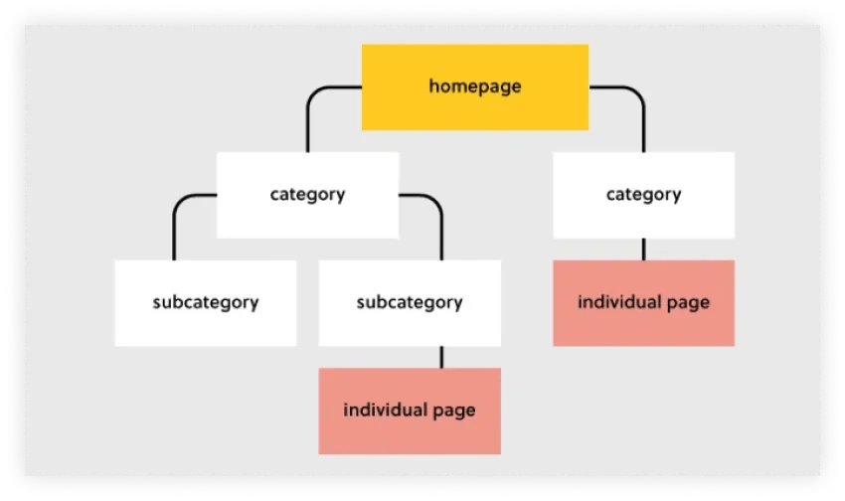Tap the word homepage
[474, 86]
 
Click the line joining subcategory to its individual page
[441, 356]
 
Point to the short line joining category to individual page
[643, 249]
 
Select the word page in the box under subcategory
[454, 411]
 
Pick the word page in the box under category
[689, 303]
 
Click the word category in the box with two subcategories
[307, 195]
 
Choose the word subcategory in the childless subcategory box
[205, 302]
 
